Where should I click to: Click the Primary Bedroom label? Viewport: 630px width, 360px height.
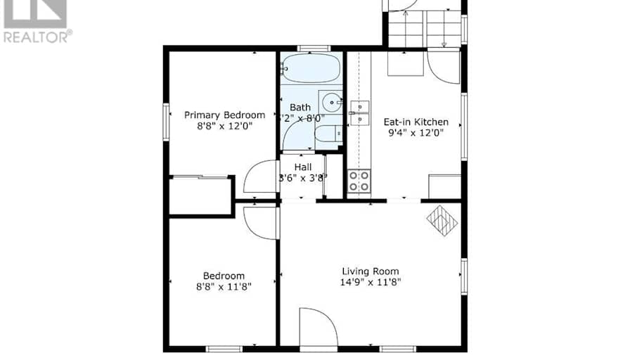pyautogui.click(x=224, y=115)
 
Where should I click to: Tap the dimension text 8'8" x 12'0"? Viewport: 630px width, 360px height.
pyautogui.click(x=224, y=127)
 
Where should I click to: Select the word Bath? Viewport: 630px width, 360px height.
pyautogui.click(x=300, y=108)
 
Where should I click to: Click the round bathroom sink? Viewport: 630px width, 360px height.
pyautogui.click(x=329, y=102)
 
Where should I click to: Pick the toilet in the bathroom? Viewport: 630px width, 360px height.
pyautogui.click(x=327, y=134)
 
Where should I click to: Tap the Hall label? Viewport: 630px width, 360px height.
pyautogui.click(x=303, y=167)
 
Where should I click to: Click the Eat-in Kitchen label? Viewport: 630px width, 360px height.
pyautogui.click(x=416, y=121)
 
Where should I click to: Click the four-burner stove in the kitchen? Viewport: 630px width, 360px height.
pyautogui.click(x=359, y=181)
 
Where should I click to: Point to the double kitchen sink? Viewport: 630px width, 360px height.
pyautogui.click(x=359, y=113)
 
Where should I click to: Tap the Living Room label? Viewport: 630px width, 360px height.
pyautogui.click(x=371, y=271)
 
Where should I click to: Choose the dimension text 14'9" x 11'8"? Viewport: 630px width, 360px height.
pyautogui.click(x=371, y=283)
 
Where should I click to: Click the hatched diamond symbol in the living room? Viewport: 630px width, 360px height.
pyautogui.click(x=442, y=220)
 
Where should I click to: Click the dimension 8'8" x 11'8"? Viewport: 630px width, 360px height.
pyautogui.click(x=224, y=287)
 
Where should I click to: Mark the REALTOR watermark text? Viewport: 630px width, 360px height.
pyautogui.click(x=37, y=36)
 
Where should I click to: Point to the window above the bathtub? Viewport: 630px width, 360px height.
pyautogui.click(x=314, y=49)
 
